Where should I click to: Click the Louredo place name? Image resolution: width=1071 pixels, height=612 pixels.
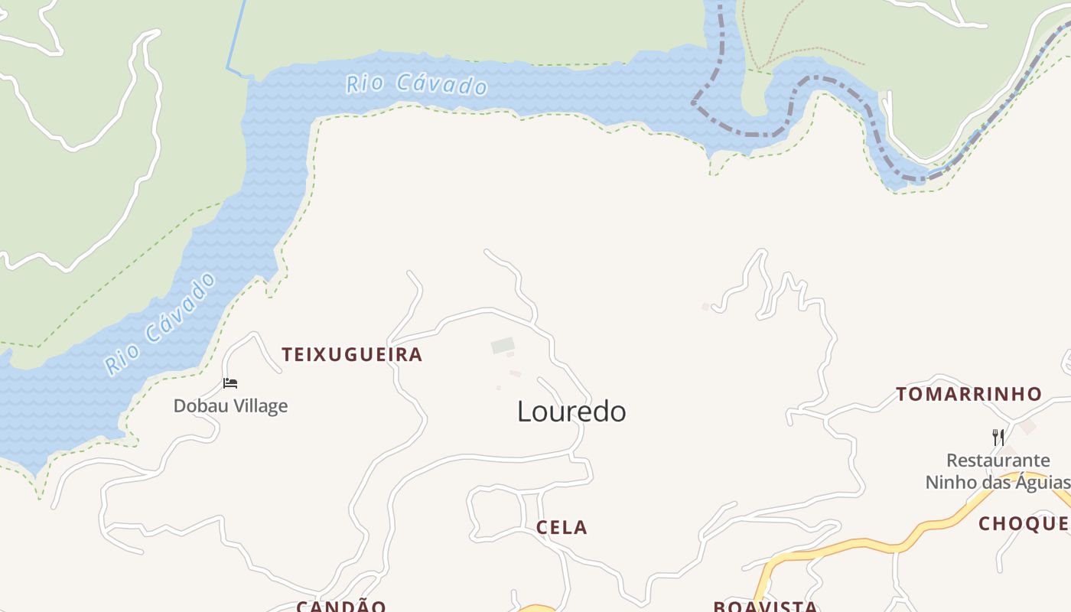pos(571,412)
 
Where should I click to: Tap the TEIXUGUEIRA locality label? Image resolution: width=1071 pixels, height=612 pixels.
pos(352,354)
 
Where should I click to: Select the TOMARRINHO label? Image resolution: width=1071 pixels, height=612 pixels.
pos(968,394)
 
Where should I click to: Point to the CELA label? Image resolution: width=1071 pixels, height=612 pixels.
pos(562,527)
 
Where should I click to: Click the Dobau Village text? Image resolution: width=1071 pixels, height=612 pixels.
pos(230,405)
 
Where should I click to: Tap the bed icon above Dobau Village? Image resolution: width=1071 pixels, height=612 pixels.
pos(230,382)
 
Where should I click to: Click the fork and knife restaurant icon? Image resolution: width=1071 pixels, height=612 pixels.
pos(998,438)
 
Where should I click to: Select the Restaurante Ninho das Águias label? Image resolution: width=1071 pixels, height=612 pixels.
pos(998,471)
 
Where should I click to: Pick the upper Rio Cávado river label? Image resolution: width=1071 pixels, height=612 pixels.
pos(416,84)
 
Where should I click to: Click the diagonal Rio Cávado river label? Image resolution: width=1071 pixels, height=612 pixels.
pos(161,325)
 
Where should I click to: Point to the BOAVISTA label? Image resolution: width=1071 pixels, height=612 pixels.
pos(765,607)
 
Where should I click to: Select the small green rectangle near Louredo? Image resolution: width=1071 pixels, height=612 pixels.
pos(503,346)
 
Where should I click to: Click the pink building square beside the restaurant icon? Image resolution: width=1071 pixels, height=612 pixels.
pos(1027,427)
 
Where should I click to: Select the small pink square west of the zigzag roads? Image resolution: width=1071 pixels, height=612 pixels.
pos(705,307)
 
